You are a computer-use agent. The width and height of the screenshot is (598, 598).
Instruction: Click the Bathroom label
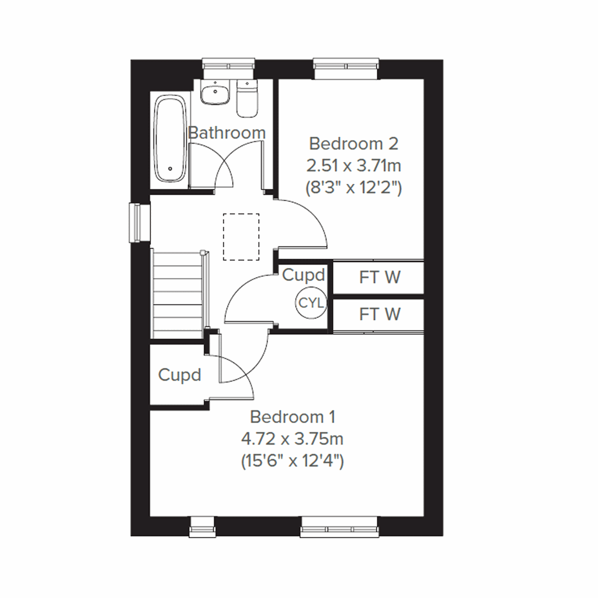[227, 133]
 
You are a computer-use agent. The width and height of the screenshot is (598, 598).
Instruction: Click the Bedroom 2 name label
[353, 144]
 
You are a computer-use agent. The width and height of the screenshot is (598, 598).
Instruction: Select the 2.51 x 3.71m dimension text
[353, 165]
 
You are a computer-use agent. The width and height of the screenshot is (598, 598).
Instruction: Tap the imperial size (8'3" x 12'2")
[353, 188]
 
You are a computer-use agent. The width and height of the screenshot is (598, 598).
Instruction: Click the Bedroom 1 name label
[293, 417]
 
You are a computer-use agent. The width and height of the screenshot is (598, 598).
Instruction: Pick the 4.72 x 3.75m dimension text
[293, 439]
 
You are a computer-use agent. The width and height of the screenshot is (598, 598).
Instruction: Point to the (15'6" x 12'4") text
[293, 461]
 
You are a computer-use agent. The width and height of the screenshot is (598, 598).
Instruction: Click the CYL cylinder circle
[311, 303]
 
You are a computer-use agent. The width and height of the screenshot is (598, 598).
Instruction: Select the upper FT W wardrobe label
[379, 277]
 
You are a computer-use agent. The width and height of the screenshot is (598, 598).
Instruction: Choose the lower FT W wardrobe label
[379, 314]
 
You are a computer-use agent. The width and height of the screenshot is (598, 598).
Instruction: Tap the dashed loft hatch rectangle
[241, 237]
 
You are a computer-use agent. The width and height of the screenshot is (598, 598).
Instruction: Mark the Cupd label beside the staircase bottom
[179, 375]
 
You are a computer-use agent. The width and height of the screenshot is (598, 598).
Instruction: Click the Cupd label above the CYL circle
[303, 275]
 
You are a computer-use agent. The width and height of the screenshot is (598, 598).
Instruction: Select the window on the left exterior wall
[140, 223]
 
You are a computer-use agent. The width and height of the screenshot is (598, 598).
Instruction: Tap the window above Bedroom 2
[346, 69]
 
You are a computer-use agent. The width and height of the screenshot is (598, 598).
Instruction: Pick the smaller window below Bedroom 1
[202, 527]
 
